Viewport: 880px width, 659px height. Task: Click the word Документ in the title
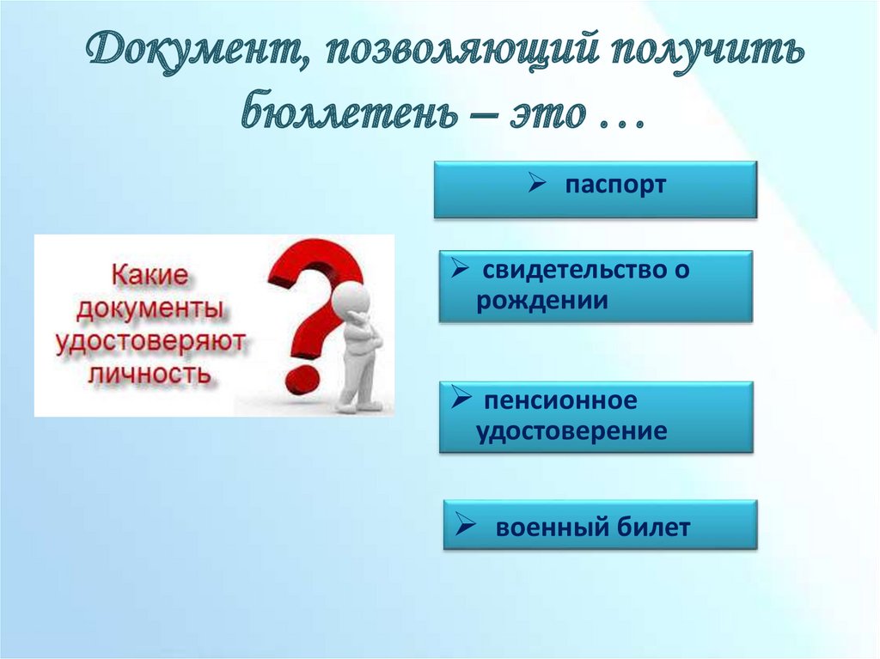click(192, 52)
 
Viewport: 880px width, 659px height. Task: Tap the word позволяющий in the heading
click(455, 54)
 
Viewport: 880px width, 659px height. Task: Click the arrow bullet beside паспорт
click(537, 183)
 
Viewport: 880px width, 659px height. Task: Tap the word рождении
click(542, 301)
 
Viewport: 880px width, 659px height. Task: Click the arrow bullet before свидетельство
click(459, 270)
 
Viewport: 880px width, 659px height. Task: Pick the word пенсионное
click(560, 400)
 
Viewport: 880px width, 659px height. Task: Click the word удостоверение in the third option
click(571, 431)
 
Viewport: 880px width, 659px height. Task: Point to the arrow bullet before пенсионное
click(461, 399)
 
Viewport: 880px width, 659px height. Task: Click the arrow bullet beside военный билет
click(465, 525)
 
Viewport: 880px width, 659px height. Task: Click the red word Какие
click(150, 276)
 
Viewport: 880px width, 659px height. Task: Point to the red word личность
click(150, 372)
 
